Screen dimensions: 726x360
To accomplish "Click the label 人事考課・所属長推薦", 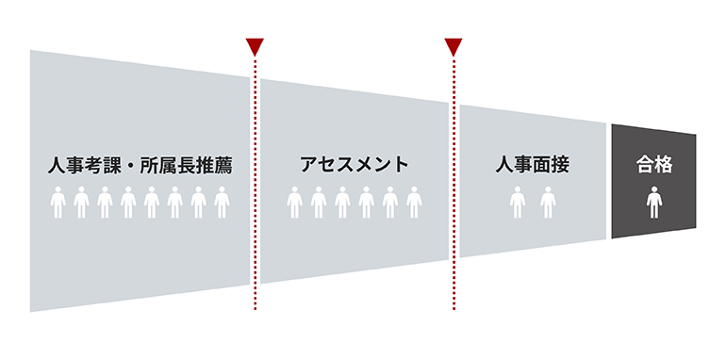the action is (140, 165).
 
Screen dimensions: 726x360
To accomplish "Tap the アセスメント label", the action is (355, 165).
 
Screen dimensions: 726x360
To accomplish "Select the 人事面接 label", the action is (533, 165).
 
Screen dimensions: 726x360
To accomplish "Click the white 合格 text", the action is (653, 165).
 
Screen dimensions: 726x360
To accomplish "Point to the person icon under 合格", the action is (653, 203).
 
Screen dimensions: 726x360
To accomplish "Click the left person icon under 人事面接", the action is (518, 203).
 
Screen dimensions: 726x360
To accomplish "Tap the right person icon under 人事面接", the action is (548, 203).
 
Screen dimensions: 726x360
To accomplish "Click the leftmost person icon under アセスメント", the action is (295, 203).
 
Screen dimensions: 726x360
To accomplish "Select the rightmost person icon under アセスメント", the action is (413, 203).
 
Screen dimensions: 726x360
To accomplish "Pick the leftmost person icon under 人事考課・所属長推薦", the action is (58, 203).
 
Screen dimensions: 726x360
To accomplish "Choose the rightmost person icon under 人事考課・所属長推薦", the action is (223, 203).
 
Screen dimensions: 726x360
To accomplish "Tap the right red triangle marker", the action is (454, 46).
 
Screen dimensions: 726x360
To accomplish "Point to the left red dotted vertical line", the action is (255, 188).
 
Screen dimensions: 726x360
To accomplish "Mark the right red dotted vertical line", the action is (454, 188).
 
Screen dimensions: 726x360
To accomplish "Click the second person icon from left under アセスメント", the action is (319, 203).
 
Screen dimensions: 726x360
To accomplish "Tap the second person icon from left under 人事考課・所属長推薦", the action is (81, 203).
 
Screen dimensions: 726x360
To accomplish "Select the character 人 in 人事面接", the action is (504, 165).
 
